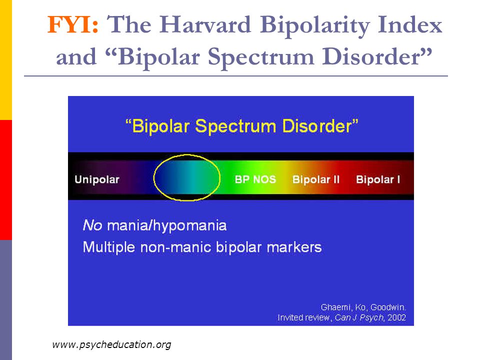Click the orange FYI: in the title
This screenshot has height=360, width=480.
click(73, 24)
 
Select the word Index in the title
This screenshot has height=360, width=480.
click(410, 24)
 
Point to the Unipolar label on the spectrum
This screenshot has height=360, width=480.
click(96, 179)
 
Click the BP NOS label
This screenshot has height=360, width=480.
click(255, 179)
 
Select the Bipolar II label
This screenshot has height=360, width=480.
click(316, 179)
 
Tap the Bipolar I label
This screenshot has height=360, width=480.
click(378, 179)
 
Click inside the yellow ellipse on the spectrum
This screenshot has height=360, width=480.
click(186, 177)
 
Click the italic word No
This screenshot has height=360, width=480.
click(92, 225)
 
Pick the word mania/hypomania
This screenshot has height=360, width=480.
click(167, 226)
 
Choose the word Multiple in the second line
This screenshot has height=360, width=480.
click(108, 247)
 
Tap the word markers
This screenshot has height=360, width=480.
click(294, 247)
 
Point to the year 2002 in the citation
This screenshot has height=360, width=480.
click(396, 317)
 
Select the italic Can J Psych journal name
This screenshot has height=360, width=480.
click(359, 318)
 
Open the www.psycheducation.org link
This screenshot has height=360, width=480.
click(111, 345)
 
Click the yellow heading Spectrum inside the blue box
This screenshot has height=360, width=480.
click(235, 126)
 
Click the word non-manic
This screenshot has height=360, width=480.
click(176, 247)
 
